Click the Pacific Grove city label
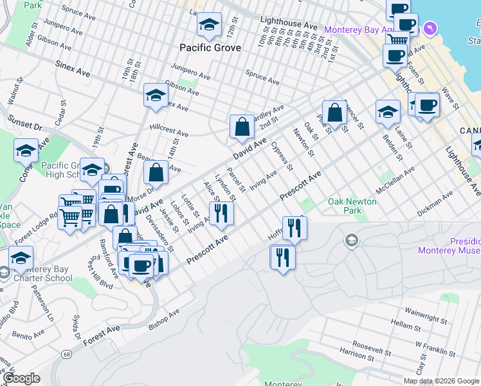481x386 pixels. coord(210,48)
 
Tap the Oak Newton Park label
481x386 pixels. coord(352,207)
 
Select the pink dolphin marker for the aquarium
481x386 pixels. coord(430,29)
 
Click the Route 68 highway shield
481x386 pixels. coord(66,354)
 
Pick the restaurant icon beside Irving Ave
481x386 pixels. coord(221,214)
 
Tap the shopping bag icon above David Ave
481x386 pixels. coord(242,127)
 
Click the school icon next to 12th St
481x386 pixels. coord(209,26)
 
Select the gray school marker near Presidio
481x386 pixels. coord(351,241)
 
